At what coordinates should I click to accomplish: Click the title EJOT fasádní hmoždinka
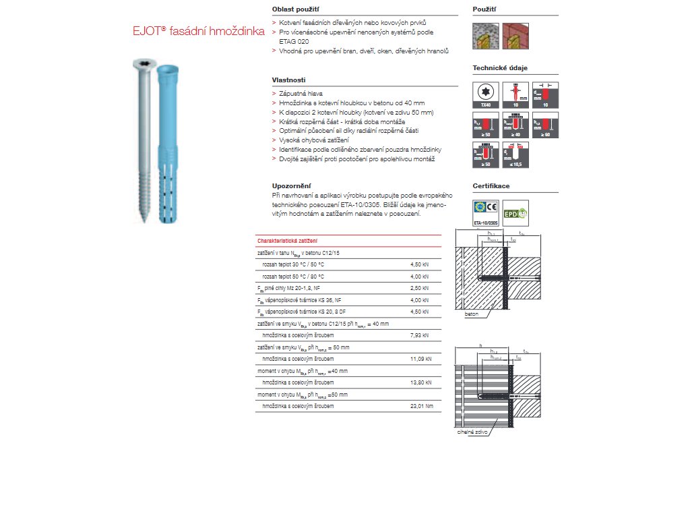(x=194, y=31)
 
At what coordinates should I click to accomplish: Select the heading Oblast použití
(x=295, y=10)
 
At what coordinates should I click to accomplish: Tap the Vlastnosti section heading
(x=288, y=80)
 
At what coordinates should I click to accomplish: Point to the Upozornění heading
(x=290, y=185)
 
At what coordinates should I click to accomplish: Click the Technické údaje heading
(x=499, y=68)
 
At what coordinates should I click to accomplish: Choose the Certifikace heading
(x=491, y=185)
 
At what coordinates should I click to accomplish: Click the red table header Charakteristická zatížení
(x=288, y=241)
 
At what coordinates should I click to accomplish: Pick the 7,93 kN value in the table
(x=420, y=334)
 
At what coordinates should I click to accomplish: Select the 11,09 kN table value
(x=421, y=358)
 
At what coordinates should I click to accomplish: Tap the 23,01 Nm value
(x=421, y=406)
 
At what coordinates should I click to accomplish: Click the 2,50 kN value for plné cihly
(x=420, y=288)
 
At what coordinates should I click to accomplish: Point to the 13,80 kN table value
(x=421, y=382)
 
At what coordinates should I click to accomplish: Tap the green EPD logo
(x=515, y=212)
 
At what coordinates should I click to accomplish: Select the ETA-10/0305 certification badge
(x=486, y=212)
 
